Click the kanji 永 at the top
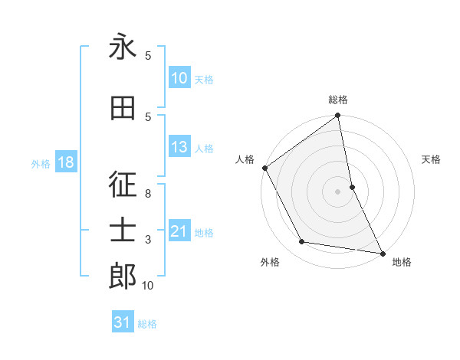tap(123, 47)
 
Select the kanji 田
tap(123, 108)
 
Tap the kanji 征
tap(123, 185)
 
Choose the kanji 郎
tap(123, 277)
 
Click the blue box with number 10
tap(179, 78)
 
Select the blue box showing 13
tap(179, 148)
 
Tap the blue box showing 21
tap(179, 231)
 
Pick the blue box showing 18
tap(65, 162)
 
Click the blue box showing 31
tap(123, 322)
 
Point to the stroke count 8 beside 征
tap(148, 194)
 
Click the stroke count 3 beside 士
tap(148, 240)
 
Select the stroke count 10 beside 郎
tap(148, 286)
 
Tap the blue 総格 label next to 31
tap(147, 324)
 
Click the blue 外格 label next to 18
tap(41, 163)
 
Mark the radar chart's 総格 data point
tap(338, 116)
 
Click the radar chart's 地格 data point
tap(382, 253)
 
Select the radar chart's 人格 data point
tap(264, 168)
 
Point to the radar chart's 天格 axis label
tap(432, 159)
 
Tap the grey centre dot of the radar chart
tap(338, 191)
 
